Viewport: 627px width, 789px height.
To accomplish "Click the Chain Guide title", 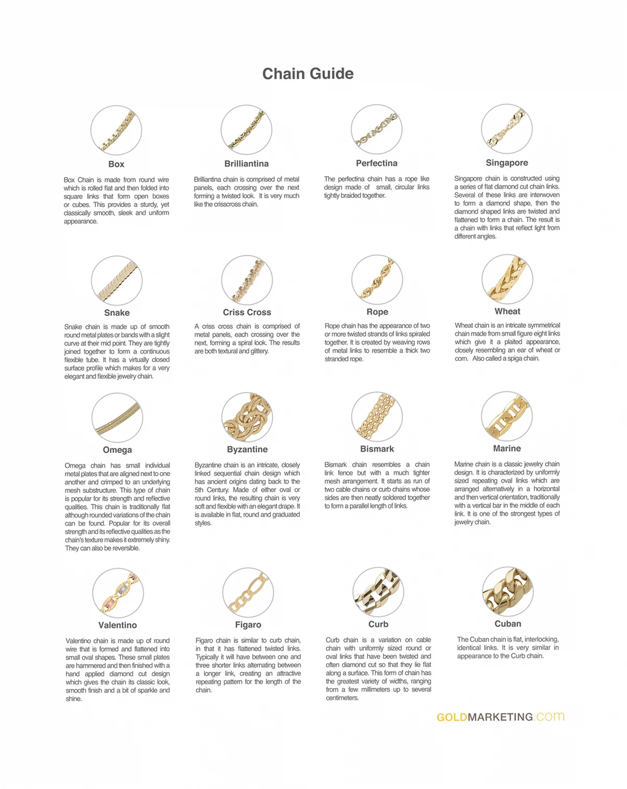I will pyautogui.click(x=308, y=74).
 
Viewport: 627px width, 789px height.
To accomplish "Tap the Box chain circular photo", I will pyautogui.click(x=116, y=131).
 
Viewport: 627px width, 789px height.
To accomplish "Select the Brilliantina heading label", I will pyautogui.click(x=247, y=164).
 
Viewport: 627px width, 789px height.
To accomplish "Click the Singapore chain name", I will pyautogui.click(x=507, y=163).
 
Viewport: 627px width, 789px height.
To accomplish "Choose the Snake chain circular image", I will pyautogui.click(x=117, y=280).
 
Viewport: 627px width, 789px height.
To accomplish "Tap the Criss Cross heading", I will pyautogui.click(x=247, y=312).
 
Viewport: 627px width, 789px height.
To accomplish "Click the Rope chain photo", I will pyautogui.click(x=377, y=280).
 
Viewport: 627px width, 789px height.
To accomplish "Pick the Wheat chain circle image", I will pyautogui.click(x=507, y=279).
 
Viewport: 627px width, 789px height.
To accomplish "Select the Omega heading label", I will pyautogui.click(x=118, y=450).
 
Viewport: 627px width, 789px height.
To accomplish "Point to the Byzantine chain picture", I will pyautogui.click(x=247, y=417).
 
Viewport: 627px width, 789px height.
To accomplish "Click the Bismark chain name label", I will pyautogui.click(x=377, y=449).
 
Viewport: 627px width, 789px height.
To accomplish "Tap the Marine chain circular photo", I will pyautogui.click(x=507, y=417).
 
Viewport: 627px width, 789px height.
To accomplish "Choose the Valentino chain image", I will pyautogui.click(x=118, y=593).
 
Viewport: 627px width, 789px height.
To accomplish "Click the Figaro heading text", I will pyautogui.click(x=248, y=625).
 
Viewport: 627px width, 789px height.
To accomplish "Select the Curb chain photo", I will pyautogui.click(x=378, y=592).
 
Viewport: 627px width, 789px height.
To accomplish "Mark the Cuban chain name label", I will pyautogui.click(x=508, y=624).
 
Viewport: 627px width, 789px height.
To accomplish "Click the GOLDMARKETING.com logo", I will pyautogui.click(x=501, y=717).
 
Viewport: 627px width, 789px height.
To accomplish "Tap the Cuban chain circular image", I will pyautogui.click(x=507, y=592).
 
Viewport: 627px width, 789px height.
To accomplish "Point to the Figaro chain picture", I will pyautogui.click(x=248, y=593).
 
